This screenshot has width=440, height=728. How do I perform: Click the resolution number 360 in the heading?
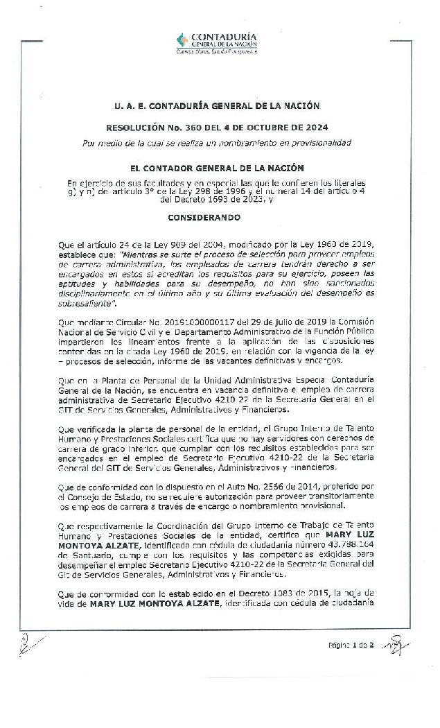pos(185,128)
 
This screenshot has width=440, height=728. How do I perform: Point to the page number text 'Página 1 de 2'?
pos(351,645)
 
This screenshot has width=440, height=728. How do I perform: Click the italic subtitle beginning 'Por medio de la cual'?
pos(217,143)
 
